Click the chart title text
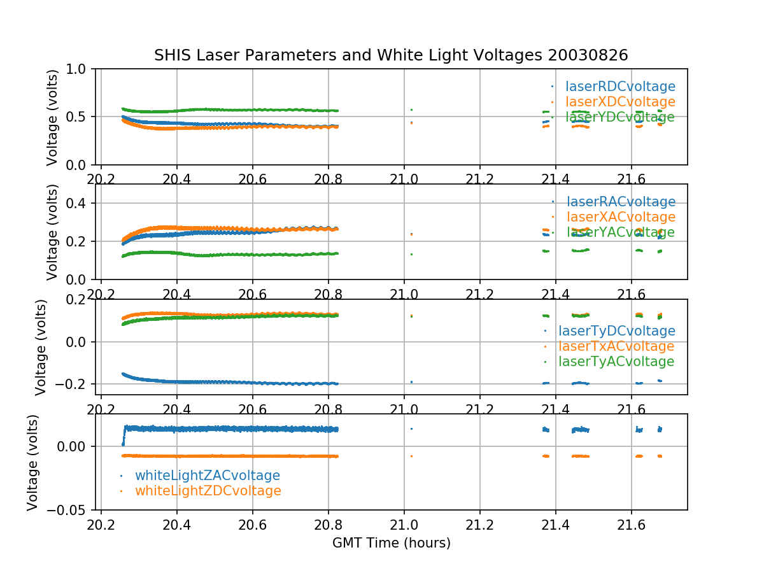point(391,55)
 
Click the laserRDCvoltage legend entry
point(620,87)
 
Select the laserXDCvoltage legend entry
point(620,102)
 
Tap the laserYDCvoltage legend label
point(620,117)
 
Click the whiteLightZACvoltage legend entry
point(207,476)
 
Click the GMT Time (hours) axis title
point(391,543)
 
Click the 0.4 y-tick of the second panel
point(80,203)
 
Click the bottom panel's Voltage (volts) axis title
point(33,462)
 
